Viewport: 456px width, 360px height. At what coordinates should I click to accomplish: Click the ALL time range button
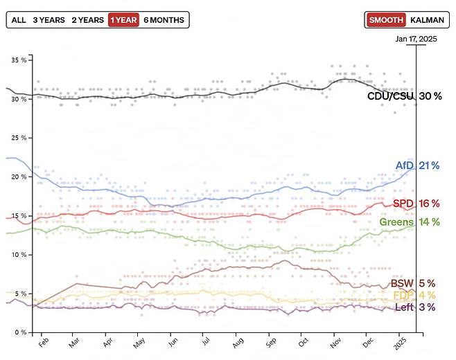coord(19,20)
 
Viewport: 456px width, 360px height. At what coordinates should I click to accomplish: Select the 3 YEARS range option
coord(49,20)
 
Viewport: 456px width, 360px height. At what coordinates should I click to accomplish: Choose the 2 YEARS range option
coord(87,20)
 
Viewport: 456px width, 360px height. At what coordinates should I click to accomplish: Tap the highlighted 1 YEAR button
coord(123,20)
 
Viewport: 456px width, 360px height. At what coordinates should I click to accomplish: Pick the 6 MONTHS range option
coord(164,20)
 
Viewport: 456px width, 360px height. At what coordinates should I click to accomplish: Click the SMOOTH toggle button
coord(386,20)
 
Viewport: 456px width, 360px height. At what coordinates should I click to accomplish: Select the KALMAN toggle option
coord(427,20)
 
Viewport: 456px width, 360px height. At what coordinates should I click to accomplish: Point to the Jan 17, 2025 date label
coord(416,39)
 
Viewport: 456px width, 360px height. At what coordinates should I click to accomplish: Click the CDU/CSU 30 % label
coord(404,96)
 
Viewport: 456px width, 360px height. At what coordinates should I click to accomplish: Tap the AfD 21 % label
coord(418,165)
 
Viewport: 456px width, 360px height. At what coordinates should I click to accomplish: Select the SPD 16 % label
coord(416,203)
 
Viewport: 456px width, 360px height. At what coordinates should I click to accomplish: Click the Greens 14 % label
coord(410,222)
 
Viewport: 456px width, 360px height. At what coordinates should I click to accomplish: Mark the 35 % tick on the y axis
coord(18,60)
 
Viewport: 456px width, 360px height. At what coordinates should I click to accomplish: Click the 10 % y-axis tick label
coord(18,255)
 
